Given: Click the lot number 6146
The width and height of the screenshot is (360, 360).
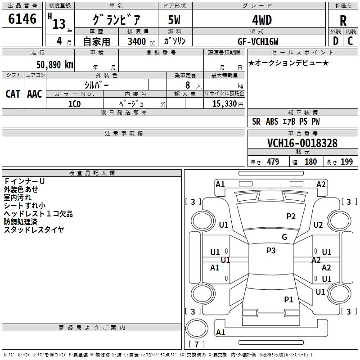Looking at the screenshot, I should point(22,19).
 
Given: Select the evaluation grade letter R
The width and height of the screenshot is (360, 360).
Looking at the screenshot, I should point(343,20).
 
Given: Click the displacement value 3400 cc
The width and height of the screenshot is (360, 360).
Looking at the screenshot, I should point(139,41).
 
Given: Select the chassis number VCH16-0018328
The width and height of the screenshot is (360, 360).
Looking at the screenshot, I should point(302,143).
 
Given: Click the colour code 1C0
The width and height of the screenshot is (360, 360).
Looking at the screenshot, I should point(74,103).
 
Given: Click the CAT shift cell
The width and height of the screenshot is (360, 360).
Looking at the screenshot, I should point(13,94).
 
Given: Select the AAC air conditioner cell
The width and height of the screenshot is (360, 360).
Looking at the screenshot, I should point(34,94).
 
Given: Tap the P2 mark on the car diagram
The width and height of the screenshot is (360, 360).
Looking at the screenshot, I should point(291,216).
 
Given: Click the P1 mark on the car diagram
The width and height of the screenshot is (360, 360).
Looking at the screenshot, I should point(288,299).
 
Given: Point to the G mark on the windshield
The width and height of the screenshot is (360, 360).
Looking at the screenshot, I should point(284,237).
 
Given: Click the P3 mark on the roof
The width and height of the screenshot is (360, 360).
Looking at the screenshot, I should point(271,251).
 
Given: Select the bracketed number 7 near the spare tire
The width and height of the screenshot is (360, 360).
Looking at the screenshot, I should point(197,344).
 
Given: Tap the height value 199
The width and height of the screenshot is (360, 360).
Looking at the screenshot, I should point(346,162).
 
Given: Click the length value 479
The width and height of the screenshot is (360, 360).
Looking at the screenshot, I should point(273,162).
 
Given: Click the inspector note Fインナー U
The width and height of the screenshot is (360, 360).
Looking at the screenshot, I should point(24,181).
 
